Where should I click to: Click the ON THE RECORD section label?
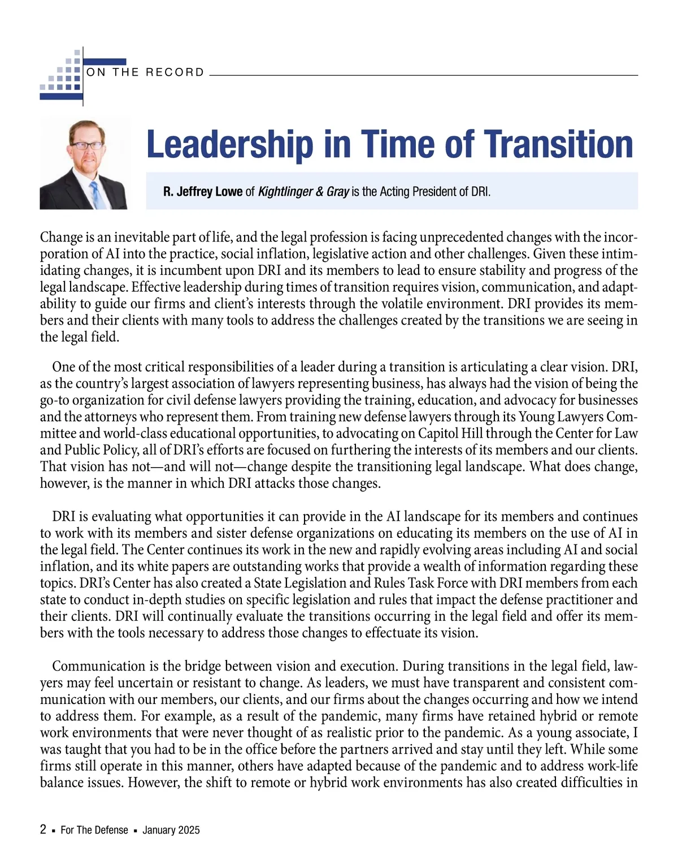pos(145,72)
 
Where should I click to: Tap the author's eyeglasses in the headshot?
pos(86,145)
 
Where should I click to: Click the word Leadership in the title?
pos(229,144)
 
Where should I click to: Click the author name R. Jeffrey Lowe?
pos(203,192)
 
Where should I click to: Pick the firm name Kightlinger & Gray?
pos(303,192)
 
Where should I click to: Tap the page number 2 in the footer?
pos(44,830)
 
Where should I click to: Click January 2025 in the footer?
pos(171,830)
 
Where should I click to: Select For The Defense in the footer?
pos(94,830)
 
